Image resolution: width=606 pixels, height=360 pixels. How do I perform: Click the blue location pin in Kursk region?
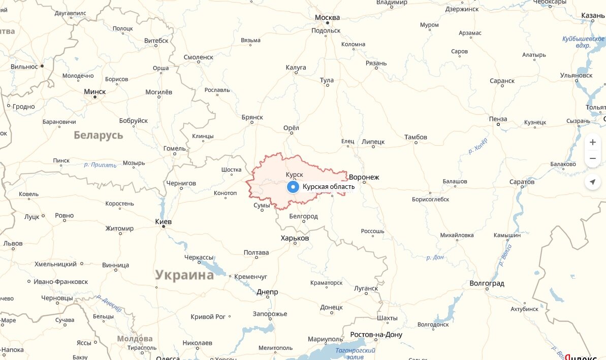pyautogui.click(x=293, y=187)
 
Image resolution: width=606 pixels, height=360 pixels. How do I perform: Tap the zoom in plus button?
pyautogui.click(x=592, y=143)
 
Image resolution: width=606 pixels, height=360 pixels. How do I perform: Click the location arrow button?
pyautogui.click(x=592, y=182)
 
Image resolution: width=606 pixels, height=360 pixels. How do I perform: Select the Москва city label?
pyautogui.click(x=327, y=18)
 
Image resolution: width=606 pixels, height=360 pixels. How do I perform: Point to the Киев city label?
pyautogui.click(x=163, y=222)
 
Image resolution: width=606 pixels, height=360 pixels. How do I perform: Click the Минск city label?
pyautogui.click(x=95, y=92)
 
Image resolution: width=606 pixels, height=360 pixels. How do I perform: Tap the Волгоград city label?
pyautogui.click(x=487, y=283)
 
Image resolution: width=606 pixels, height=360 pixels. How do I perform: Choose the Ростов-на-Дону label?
pyautogui.click(x=376, y=335)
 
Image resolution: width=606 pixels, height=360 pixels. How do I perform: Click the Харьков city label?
pyautogui.click(x=295, y=238)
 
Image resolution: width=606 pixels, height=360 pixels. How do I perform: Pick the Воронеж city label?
pyautogui.click(x=364, y=177)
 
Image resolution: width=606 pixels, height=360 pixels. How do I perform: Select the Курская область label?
pyautogui.click(x=328, y=187)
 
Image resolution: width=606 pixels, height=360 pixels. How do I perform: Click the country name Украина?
pyautogui.click(x=184, y=275)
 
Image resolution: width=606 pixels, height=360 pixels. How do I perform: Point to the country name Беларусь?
pyautogui.click(x=99, y=135)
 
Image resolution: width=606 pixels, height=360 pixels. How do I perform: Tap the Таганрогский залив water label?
pyautogui.click(x=355, y=353)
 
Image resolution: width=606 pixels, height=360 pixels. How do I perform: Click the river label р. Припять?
pyautogui.click(x=100, y=165)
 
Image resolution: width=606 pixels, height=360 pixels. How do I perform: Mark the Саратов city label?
pyautogui.click(x=521, y=182)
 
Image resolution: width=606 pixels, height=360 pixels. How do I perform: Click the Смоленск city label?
pyautogui.click(x=198, y=57)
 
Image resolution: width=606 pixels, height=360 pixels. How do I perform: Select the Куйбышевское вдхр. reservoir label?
pyautogui.click(x=583, y=42)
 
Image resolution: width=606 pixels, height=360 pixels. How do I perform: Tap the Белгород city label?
pyautogui.click(x=303, y=216)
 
